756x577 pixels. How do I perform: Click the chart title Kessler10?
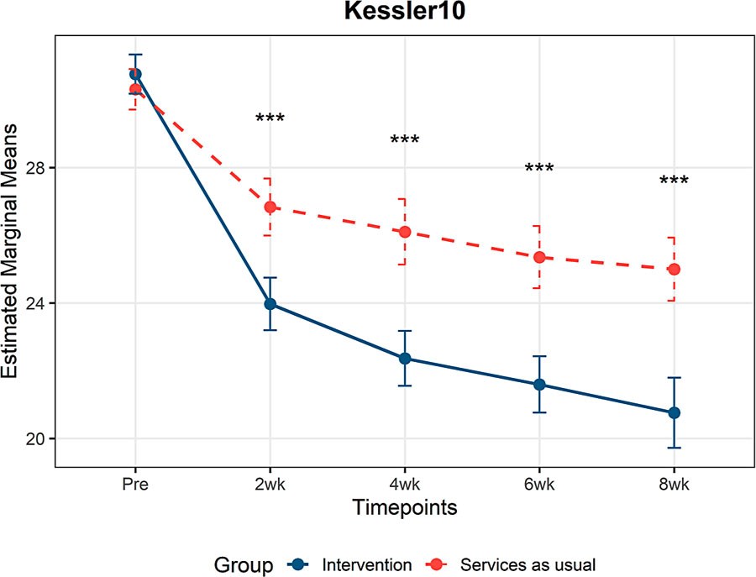click(x=405, y=11)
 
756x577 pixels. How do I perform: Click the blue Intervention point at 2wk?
click(x=270, y=304)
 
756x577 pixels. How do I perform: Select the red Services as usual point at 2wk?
click(x=270, y=207)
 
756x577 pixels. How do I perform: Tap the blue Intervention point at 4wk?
click(x=405, y=359)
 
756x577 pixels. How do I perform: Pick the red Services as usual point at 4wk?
click(x=405, y=233)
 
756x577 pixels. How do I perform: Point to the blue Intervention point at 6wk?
click(x=539, y=385)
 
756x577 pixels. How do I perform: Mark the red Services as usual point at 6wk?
click(x=539, y=257)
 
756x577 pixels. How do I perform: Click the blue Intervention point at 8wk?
click(x=674, y=413)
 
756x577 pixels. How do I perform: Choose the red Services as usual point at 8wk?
click(x=674, y=270)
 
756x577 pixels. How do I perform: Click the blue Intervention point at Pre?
click(x=135, y=74)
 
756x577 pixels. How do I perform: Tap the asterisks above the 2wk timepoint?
click(x=270, y=117)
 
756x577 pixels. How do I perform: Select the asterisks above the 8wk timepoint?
click(x=674, y=180)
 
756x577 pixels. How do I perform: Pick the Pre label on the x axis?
click(x=135, y=484)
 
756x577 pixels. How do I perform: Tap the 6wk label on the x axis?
click(x=539, y=484)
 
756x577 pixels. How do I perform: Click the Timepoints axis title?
click(x=405, y=507)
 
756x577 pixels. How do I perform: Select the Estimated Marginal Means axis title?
click(x=9, y=251)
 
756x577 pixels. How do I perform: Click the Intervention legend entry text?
click(x=367, y=565)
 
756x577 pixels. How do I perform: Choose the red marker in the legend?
click(x=436, y=565)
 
